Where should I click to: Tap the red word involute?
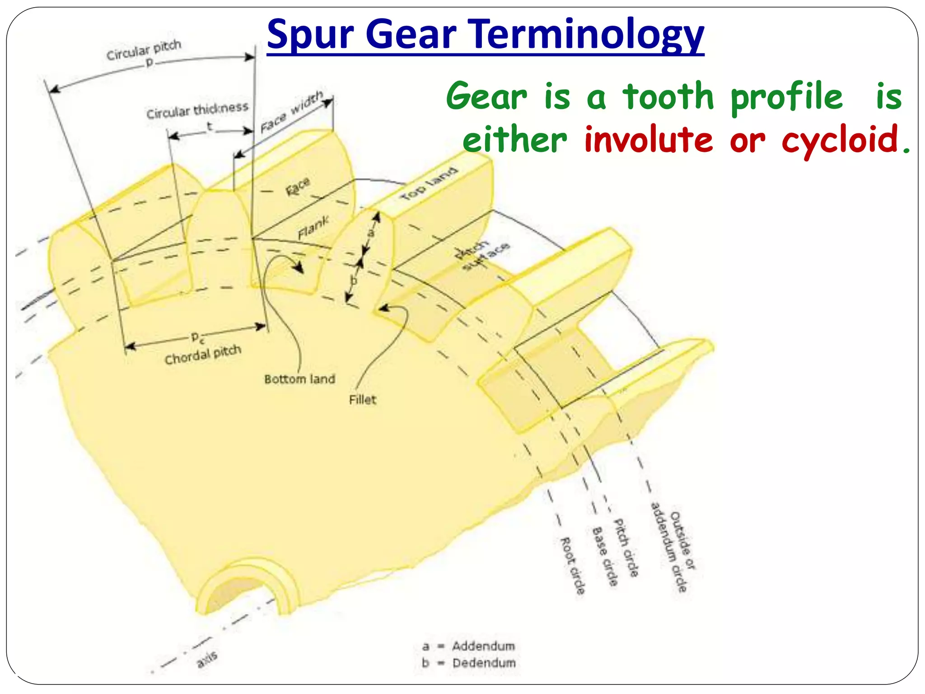point(649,140)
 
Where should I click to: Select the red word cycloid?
point(840,140)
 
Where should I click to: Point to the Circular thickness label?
point(197,110)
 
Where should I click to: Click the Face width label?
point(291,112)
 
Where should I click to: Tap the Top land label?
point(429,184)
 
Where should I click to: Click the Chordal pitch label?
point(203,355)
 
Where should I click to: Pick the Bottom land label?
point(299,379)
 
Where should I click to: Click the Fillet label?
point(362,400)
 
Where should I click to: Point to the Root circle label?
point(573,566)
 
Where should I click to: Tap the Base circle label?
point(604,556)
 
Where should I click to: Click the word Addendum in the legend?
point(483,646)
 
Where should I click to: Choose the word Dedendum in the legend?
point(484,663)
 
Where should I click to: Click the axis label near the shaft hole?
point(207,659)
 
